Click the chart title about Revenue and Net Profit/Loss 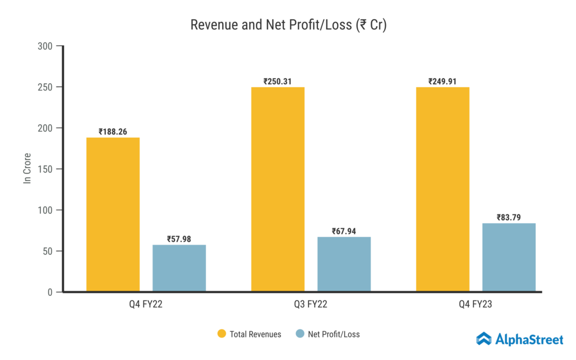pyautogui.click(x=288, y=25)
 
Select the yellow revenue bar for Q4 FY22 pyautogui.click(x=113, y=214)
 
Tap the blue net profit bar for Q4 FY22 pyautogui.click(x=179, y=268)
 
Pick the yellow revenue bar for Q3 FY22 pyautogui.click(x=278, y=189)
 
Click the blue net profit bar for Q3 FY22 pyautogui.click(x=344, y=264)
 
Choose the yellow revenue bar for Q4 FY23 pyautogui.click(x=443, y=189)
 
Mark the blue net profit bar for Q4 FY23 pyautogui.click(x=508, y=257)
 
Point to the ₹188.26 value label pyautogui.click(x=113, y=132)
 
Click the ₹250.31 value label pyautogui.click(x=278, y=81)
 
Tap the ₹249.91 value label pyautogui.click(x=442, y=81)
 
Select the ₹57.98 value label pyautogui.click(x=179, y=239)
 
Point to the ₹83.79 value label pyautogui.click(x=508, y=217)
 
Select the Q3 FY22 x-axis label pyautogui.click(x=311, y=305)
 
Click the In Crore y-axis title pyautogui.click(x=26, y=169)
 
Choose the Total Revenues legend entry pyautogui.click(x=249, y=334)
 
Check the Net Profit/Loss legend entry pyautogui.click(x=327, y=334)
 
